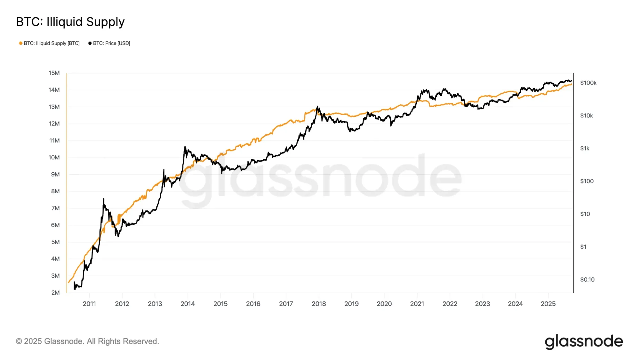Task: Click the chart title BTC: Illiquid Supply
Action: pyautogui.click(x=70, y=22)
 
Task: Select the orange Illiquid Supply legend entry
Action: pyautogui.click(x=50, y=43)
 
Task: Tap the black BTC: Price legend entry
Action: pyautogui.click(x=109, y=43)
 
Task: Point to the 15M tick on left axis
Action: pyautogui.click(x=54, y=73)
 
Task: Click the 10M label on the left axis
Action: pyautogui.click(x=54, y=157)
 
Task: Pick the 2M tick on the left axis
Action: pyautogui.click(x=55, y=292)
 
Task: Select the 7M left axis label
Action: pyautogui.click(x=55, y=208)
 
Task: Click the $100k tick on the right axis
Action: pyautogui.click(x=588, y=83)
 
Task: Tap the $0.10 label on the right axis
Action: pyautogui.click(x=587, y=279)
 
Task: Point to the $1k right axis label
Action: pyautogui.click(x=585, y=148)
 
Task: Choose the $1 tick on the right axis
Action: pyautogui.click(x=583, y=247)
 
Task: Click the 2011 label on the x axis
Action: pyautogui.click(x=89, y=304)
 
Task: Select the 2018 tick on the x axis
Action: pyautogui.click(x=319, y=304)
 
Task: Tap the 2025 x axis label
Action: pyautogui.click(x=548, y=304)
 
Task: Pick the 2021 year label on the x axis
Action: pyautogui.click(x=417, y=304)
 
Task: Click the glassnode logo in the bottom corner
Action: pyautogui.click(x=584, y=341)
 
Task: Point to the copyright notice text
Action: pyautogui.click(x=87, y=341)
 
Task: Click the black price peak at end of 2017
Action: pyautogui.click(x=317, y=107)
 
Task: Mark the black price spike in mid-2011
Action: pyautogui.click(x=103, y=199)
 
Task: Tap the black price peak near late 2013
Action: pyautogui.click(x=185, y=147)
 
